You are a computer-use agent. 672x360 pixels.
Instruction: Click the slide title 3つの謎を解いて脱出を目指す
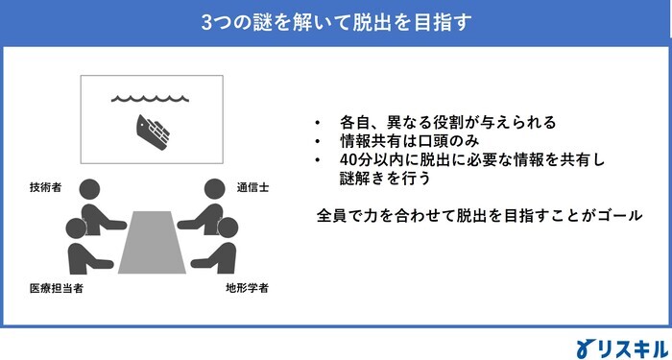click(336, 19)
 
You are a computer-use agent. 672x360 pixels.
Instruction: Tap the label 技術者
click(46, 188)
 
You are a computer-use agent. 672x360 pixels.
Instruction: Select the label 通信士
click(252, 188)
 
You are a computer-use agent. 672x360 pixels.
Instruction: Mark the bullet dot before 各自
click(318, 124)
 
